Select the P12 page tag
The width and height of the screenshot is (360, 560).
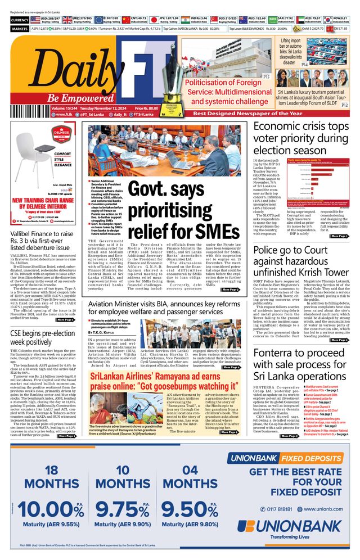point(345,105)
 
